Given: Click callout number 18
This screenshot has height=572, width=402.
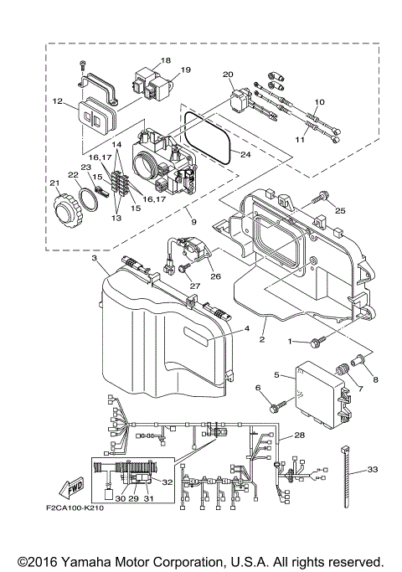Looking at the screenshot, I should coord(165,60).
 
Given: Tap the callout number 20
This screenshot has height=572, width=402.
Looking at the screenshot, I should coord(228,75).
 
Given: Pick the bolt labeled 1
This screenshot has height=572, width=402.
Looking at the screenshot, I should coord(317,343).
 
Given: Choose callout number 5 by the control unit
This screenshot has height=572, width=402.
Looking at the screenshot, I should coord(276,375).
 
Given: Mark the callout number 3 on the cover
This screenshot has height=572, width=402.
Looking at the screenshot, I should coord(95,260).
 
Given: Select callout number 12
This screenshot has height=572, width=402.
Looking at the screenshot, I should coord(58,101).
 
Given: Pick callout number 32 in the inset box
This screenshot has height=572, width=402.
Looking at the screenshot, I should coord(166,483).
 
